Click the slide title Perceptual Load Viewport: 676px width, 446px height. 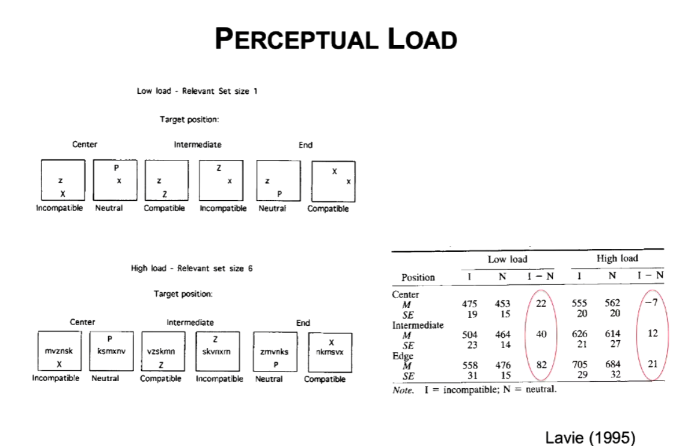336,39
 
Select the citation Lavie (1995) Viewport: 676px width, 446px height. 589,437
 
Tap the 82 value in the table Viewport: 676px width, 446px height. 540,364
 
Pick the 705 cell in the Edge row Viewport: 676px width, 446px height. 579,364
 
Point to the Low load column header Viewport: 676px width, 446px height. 507,259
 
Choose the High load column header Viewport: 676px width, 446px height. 617,258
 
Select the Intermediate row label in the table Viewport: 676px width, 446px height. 418,325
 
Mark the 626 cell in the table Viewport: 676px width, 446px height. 579,334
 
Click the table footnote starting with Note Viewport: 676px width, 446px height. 474,389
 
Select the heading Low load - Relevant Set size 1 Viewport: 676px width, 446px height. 197,91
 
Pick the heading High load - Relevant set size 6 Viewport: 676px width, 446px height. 192,269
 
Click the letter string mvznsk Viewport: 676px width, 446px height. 59,352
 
